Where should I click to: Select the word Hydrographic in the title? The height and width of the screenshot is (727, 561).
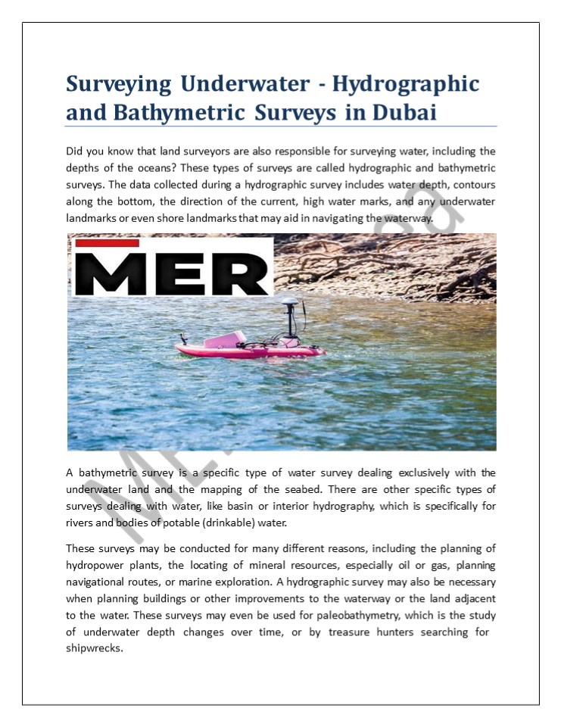(407, 83)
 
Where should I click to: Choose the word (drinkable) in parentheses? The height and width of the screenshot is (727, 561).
(228, 523)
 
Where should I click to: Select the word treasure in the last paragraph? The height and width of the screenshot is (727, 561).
(353, 632)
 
